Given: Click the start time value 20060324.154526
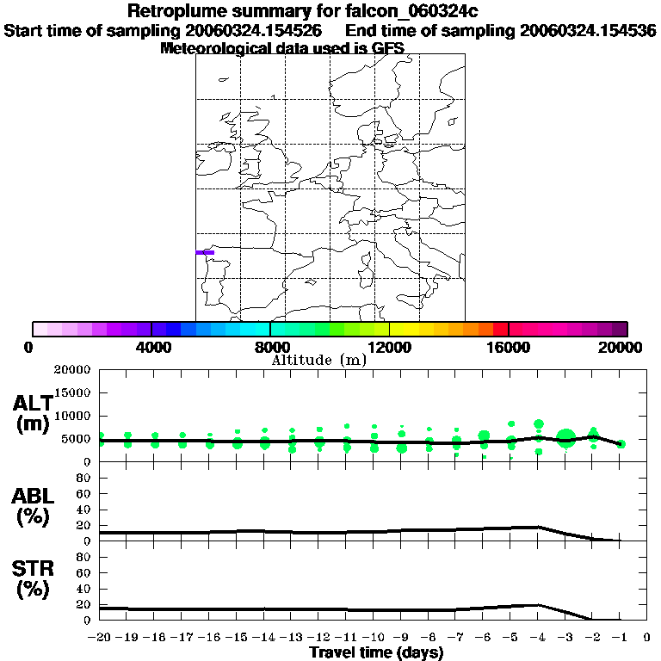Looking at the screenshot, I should point(259,30).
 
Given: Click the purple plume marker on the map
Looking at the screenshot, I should point(205,252).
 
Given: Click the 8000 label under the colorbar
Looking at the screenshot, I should point(270,347).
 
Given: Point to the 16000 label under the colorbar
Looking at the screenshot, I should point(509,347).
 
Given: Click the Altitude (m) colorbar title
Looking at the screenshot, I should point(319,360).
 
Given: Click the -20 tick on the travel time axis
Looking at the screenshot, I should point(101,639).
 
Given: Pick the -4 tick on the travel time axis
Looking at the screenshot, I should point(538,639).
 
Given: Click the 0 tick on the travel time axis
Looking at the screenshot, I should point(647,639).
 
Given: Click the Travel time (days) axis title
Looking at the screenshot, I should point(376,653).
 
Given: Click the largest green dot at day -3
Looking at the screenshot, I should point(565,438).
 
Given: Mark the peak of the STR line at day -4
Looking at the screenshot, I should point(538,605).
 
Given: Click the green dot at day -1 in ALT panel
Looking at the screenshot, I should point(621,444).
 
